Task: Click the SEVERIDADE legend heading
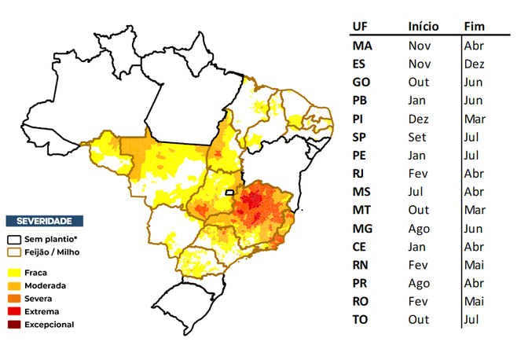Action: (x=44, y=221)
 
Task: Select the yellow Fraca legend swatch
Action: (x=14, y=272)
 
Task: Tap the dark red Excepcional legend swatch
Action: (x=14, y=324)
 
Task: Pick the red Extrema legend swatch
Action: (x=14, y=311)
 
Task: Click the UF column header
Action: (x=361, y=26)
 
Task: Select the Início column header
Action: (x=424, y=26)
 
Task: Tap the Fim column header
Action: (x=474, y=26)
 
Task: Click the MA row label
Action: (x=363, y=46)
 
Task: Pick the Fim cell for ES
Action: (x=474, y=64)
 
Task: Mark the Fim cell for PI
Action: (x=475, y=119)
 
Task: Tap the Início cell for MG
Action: (x=420, y=228)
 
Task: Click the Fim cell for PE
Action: (x=471, y=155)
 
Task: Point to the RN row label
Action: (x=362, y=265)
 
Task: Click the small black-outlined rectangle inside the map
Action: (x=229, y=192)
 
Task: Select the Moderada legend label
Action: (x=46, y=285)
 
